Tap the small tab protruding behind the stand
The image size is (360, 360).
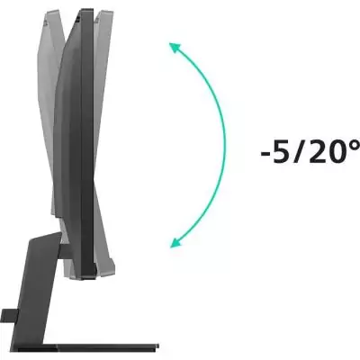click(6, 316)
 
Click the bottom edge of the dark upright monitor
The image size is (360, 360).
click(85, 274)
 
